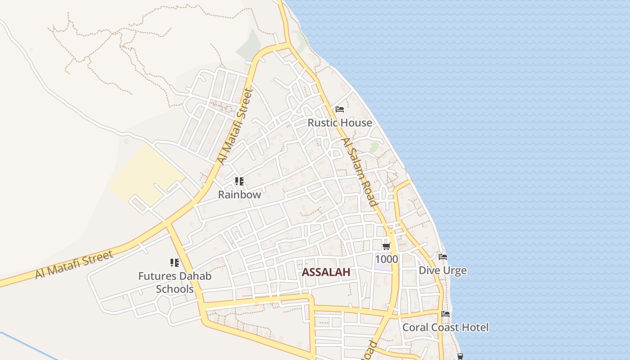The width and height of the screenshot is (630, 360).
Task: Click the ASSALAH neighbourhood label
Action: pos(326,272)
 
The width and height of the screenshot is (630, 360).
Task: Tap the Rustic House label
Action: pos(340,123)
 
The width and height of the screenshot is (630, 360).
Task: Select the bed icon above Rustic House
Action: pos(340,109)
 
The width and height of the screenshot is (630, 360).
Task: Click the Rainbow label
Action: pos(239,195)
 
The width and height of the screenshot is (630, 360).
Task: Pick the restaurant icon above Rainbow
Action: pos(239,181)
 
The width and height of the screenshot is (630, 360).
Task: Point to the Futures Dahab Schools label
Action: pos(175,282)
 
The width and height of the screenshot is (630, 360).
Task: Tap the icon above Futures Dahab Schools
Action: pos(175,263)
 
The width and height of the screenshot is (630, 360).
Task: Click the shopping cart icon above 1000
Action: pos(386,246)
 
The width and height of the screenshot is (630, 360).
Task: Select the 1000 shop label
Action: pos(386,259)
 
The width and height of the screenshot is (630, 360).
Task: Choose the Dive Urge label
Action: pos(442,270)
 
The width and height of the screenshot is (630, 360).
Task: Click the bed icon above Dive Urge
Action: pos(443,257)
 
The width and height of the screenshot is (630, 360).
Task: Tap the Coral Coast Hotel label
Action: pos(445,327)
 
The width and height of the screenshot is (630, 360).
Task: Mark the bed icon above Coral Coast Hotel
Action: pos(445,314)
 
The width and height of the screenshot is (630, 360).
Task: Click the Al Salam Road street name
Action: pos(359,172)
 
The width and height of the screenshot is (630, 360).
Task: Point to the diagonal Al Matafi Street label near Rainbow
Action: pos(235,126)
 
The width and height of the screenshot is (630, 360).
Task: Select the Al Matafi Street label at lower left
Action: pos(74,265)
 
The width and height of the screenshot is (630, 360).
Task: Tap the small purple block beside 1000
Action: pos(382,266)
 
